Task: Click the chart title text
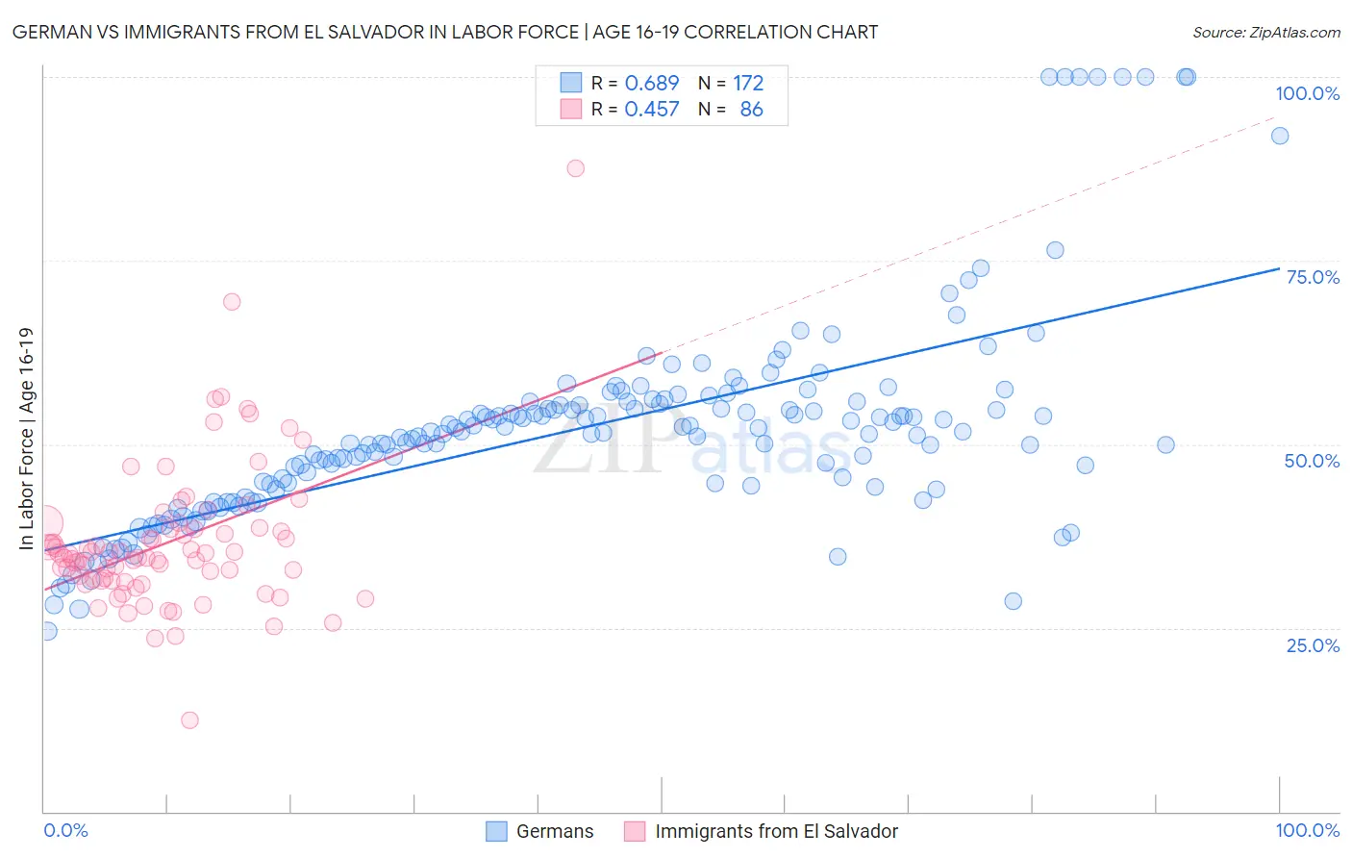(444, 32)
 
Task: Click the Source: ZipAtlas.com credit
(1265, 32)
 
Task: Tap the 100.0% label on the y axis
(1307, 93)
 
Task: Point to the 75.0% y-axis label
(1313, 277)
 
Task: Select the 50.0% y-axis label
(1312, 461)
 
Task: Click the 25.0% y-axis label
(1313, 645)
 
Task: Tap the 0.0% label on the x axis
(66, 830)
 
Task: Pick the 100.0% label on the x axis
(1307, 830)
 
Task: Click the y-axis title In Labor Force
(26, 439)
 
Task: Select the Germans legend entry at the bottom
(554, 831)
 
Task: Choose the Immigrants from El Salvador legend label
(776, 831)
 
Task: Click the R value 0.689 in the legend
(652, 84)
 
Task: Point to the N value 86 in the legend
(751, 110)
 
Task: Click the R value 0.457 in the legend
(652, 110)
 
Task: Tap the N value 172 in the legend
(748, 84)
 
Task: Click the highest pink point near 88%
(575, 168)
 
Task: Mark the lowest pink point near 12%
(189, 720)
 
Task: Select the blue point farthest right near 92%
(1280, 136)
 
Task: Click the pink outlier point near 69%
(232, 302)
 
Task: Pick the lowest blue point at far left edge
(47, 631)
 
